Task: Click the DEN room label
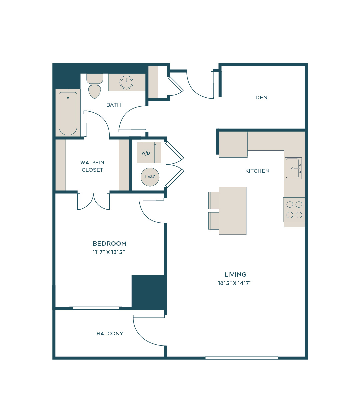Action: point(261,97)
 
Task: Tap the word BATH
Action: point(113,105)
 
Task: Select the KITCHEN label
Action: point(257,171)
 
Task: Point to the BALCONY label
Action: point(110,333)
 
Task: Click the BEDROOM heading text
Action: point(109,243)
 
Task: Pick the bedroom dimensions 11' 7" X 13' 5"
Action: point(109,252)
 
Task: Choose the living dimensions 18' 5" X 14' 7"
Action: point(235,283)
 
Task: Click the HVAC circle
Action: point(150,177)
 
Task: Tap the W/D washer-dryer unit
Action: point(149,153)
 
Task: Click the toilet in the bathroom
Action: point(94,86)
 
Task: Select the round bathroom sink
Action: point(126,82)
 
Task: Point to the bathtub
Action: point(68,113)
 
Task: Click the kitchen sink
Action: point(293,168)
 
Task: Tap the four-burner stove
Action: point(294,210)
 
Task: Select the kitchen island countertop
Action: point(233,210)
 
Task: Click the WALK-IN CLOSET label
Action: point(92,166)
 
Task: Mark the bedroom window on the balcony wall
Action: point(96,308)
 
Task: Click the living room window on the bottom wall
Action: point(242,358)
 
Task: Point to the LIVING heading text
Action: point(235,274)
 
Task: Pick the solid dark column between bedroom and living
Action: point(149,292)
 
